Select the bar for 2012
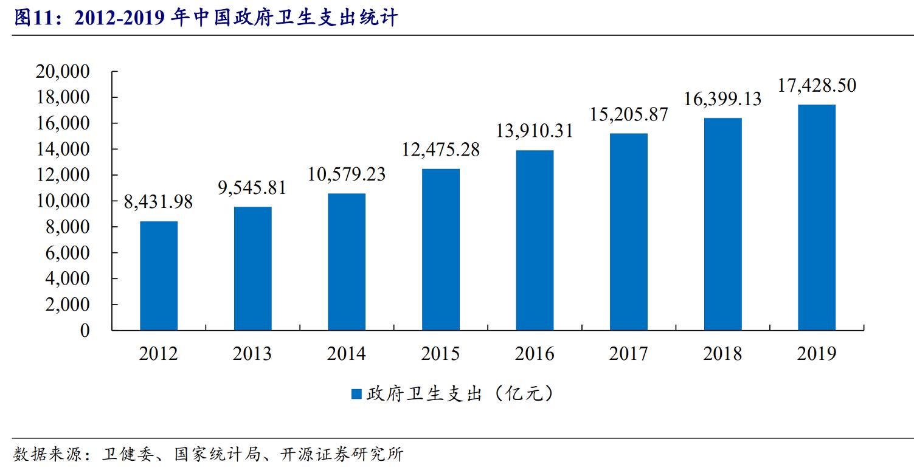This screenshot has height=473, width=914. pos(159,275)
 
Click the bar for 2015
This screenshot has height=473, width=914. pos(441,249)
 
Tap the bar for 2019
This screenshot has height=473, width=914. pos(817,217)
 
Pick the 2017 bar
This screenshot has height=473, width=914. pos(629,232)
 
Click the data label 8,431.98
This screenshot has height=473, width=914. pos(159,202)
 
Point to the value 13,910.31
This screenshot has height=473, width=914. pos(535,131)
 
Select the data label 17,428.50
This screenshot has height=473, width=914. pos(817,86)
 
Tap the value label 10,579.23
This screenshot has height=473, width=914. pos(347,174)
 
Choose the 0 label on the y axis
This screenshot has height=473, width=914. pos(85,331)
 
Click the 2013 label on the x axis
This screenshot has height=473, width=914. pos(252,353)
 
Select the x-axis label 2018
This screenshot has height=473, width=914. pos(722,353)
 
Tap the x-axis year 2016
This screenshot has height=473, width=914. pos(535,353)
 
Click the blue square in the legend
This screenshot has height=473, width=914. pos(357,394)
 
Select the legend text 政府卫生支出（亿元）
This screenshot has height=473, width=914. pos(460,394)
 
